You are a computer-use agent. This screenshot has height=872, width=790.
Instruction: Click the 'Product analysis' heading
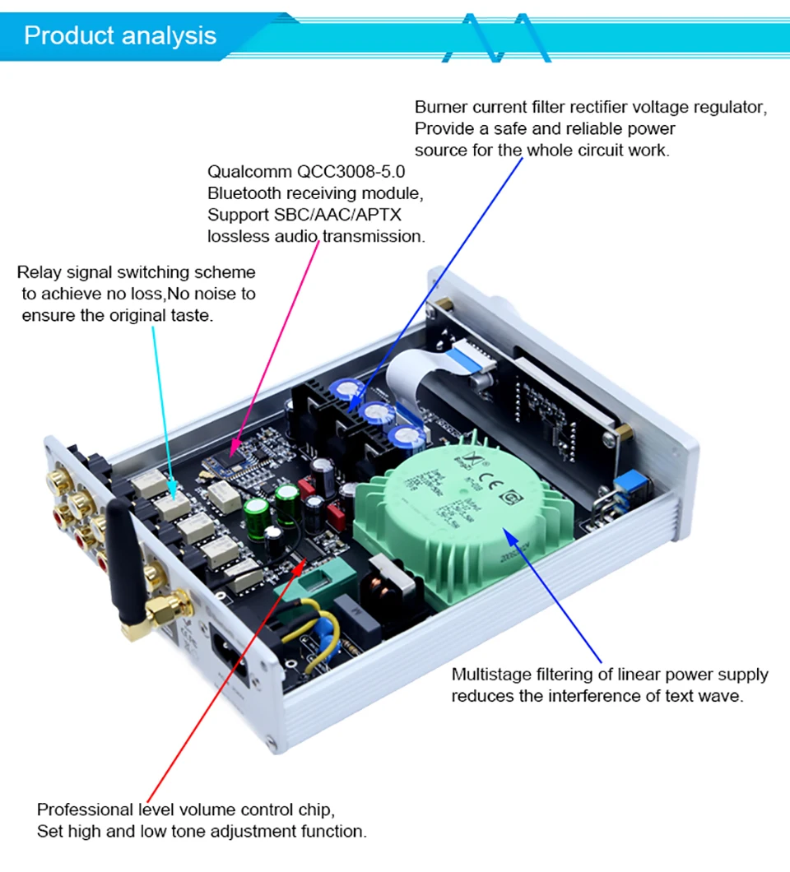point(120,36)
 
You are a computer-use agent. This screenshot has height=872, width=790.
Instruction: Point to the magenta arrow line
point(276,346)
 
